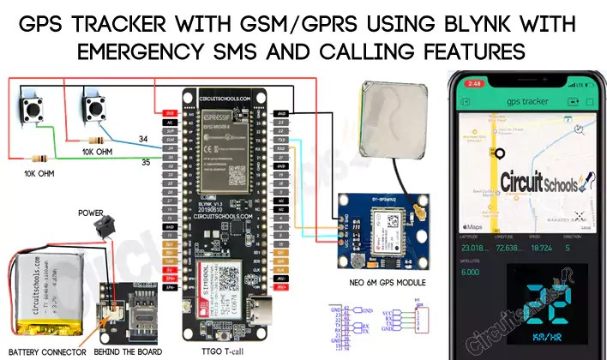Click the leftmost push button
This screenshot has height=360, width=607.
click(35, 111)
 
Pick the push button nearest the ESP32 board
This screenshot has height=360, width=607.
click(93, 110)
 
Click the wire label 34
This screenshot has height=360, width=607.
click(143, 139)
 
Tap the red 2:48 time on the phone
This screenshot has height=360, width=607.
click(472, 84)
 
